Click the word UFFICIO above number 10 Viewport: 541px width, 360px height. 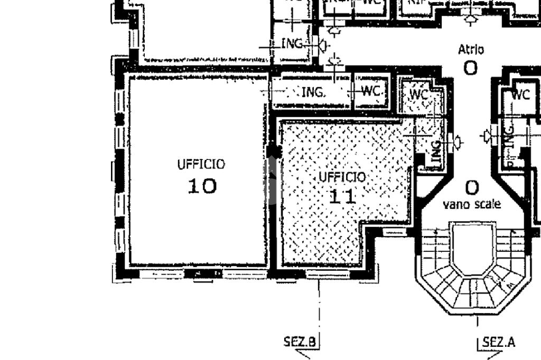pos(201,164)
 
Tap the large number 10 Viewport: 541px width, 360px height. pos(202,186)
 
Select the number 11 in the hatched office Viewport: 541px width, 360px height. pos(342,196)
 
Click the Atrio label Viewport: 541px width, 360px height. pos(470,50)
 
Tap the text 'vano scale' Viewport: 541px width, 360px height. pos(472,204)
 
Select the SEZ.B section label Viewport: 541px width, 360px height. pos(300,342)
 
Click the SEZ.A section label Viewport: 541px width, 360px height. pos(499,342)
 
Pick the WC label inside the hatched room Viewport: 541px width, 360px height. pos(419,94)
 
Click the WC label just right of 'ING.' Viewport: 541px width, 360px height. pos(372,91)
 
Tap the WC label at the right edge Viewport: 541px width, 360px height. pos(520,95)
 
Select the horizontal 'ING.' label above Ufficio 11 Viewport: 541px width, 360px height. pos(314,93)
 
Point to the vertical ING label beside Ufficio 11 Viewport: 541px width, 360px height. pos(436,151)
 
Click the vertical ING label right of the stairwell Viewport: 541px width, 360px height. pos(509,136)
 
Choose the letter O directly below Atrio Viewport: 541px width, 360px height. pos(470,68)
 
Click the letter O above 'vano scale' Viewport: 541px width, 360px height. pos(472,187)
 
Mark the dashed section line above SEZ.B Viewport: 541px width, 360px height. pos(319,306)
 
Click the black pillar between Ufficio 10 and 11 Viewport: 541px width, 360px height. pos(273,152)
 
